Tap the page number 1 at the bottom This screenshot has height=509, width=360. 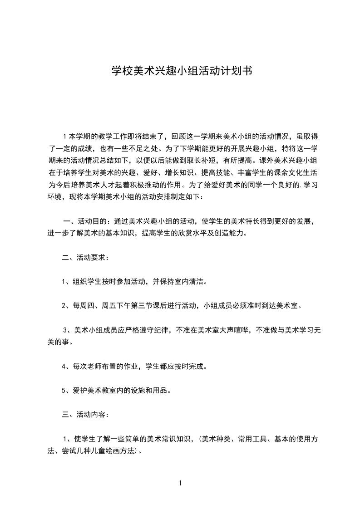pos(180,483)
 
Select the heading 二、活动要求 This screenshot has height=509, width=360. pos(85,258)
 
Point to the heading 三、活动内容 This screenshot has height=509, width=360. pos(85,414)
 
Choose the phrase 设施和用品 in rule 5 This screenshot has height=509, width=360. pos(150,390)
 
